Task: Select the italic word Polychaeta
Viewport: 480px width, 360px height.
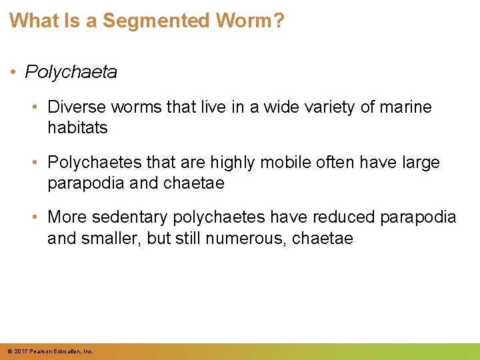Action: [x=71, y=72]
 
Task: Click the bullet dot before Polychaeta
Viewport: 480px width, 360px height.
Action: [x=14, y=72]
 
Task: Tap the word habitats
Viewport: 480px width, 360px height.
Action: [x=77, y=127]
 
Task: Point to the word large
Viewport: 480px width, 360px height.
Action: [x=418, y=163]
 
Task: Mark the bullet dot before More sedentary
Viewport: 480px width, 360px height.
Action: [x=37, y=217]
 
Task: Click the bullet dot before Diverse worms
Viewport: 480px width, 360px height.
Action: [x=37, y=107]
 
